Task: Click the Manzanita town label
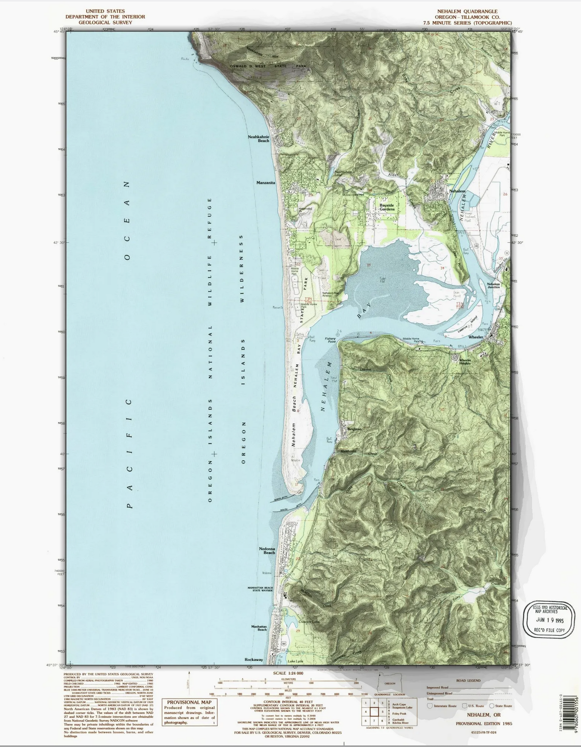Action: [266, 183]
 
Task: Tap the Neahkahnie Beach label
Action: [259, 139]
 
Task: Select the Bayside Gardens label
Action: [387, 207]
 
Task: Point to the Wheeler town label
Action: [476, 337]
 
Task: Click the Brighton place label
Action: [354, 429]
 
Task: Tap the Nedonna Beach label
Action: [267, 551]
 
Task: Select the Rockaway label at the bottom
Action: [254, 660]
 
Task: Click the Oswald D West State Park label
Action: [268, 66]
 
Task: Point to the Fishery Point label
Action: [331, 340]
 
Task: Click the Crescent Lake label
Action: [309, 622]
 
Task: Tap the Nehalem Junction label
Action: [494, 285]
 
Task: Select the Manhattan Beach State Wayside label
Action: [260, 589]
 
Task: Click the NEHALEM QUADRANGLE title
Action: [467, 12]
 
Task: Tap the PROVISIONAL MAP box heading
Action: [188, 702]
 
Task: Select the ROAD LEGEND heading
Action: [468, 680]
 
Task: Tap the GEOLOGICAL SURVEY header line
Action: [105, 22]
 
